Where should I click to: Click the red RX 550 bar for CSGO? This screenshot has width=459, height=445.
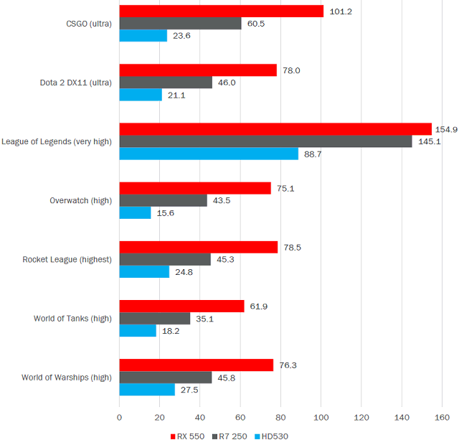[221, 11]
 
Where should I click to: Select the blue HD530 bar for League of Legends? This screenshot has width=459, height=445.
[208, 154]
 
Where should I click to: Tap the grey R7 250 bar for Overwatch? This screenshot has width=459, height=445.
[163, 200]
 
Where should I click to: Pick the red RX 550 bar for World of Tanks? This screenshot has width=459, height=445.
[181, 306]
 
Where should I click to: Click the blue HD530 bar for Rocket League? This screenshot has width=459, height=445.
[143, 272]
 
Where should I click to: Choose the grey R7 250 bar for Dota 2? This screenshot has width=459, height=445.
[166, 83]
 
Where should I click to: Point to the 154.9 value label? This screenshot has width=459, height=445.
[446, 129]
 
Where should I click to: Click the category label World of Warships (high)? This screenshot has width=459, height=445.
[67, 377]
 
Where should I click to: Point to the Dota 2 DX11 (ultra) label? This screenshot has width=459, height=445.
[76, 83]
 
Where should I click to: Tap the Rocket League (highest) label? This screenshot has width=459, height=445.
[67, 259]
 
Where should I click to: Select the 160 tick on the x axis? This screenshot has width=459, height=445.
[443, 417]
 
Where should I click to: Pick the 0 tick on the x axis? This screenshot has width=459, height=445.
[119, 417]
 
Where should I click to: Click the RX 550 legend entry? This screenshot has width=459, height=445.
[189, 436]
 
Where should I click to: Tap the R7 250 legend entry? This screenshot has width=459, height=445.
[229, 436]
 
